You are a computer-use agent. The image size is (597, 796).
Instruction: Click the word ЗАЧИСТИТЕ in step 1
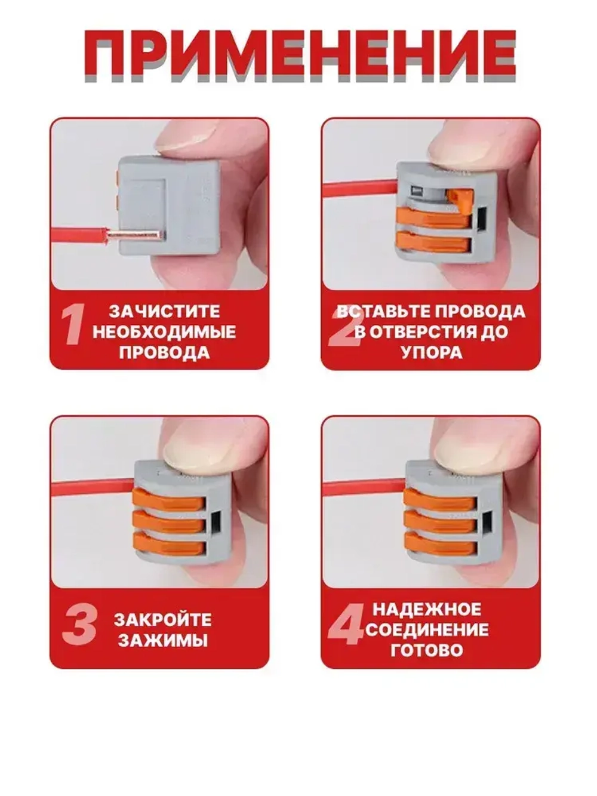coord(164,311)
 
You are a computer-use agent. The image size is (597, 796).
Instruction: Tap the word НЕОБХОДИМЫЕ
coord(164,331)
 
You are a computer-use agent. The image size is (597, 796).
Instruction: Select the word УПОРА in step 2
coord(431,352)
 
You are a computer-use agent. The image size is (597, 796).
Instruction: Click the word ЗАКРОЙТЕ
coord(163,619)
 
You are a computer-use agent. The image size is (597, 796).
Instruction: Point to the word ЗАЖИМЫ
coord(163,640)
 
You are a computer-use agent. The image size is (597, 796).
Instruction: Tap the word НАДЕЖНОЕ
coord(427,609)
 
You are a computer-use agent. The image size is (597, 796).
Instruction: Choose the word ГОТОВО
coord(427,650)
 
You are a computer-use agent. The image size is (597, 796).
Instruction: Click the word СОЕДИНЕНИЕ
coord(427,629)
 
